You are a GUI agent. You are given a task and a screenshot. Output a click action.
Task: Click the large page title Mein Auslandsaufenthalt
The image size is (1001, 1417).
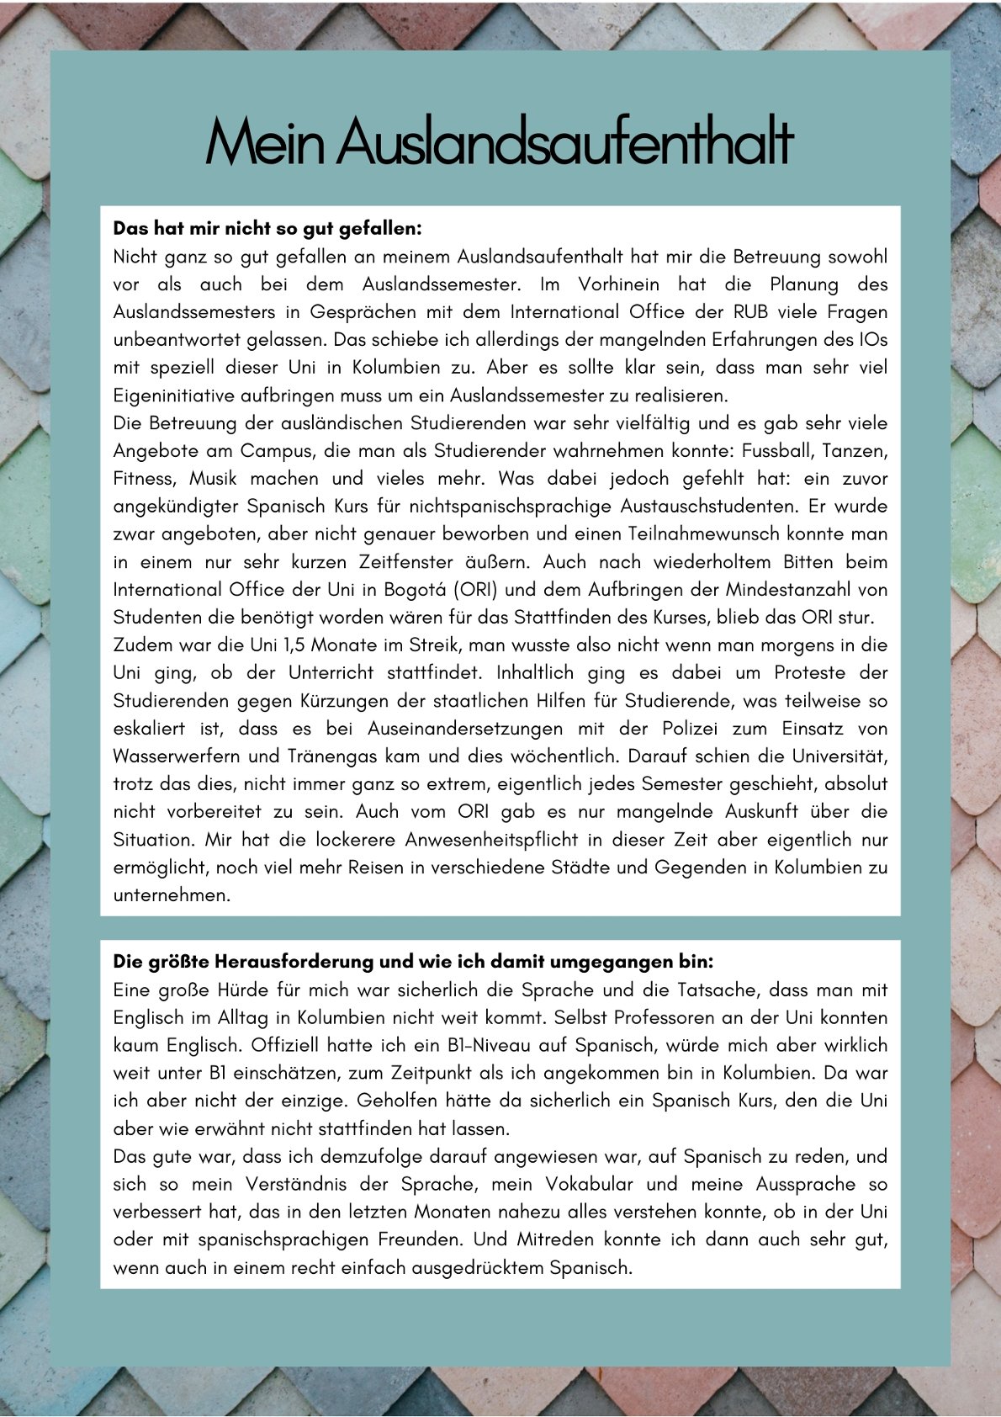[500, 142]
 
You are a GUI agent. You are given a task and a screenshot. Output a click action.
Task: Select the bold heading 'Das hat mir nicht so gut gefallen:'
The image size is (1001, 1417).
[267, 229]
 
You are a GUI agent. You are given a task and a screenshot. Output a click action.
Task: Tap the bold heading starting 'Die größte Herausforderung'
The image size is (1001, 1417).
[413, 962]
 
